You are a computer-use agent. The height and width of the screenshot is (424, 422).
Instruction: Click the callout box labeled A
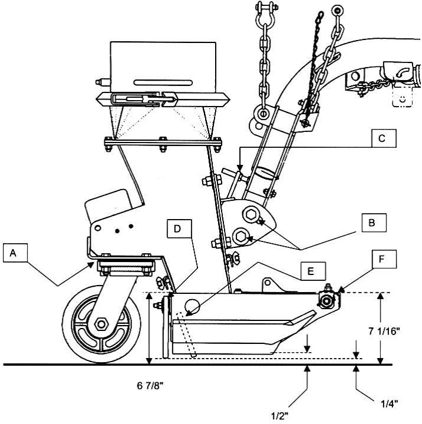coord(15,253)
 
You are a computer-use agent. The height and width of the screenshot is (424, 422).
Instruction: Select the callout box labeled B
coord(374,223)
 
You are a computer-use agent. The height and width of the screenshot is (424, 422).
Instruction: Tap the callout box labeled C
coord(384,138)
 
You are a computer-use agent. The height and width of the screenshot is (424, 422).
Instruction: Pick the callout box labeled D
coord(179,228)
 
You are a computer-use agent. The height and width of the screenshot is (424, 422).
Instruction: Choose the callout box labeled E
coord(313,271)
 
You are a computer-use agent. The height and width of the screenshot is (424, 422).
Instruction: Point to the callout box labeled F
coord(384,259)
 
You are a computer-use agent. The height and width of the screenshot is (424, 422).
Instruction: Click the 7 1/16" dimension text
coord(384,331)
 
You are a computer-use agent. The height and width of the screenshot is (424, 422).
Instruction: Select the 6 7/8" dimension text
coord(150,386)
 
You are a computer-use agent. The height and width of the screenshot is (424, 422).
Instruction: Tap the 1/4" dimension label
coord(389,404)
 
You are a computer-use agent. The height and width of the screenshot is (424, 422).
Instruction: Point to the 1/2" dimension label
coord(279,416)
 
